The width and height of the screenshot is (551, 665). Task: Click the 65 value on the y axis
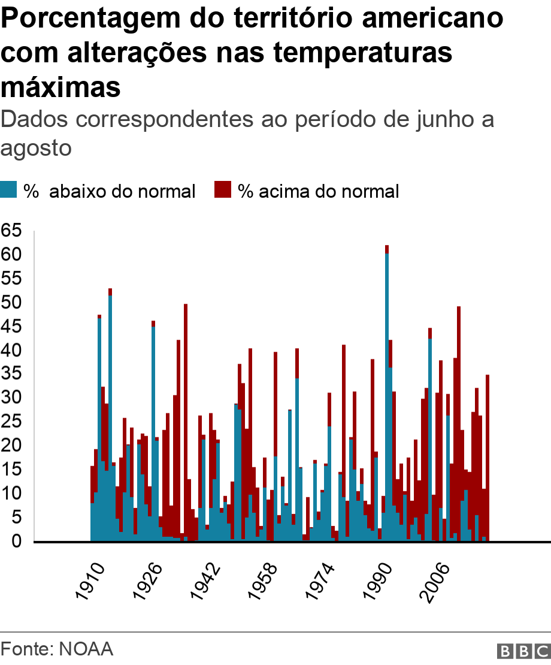click(12, 231)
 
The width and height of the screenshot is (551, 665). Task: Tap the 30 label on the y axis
click(12, 398)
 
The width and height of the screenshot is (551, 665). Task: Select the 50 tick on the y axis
click(12, 302)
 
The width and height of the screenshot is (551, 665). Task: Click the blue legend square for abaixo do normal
click(8, 190)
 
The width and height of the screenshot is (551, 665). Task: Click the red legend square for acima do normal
click(223, 190)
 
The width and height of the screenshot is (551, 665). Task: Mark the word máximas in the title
click(61, 87)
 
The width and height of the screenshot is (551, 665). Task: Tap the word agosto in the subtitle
click(37, 147)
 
